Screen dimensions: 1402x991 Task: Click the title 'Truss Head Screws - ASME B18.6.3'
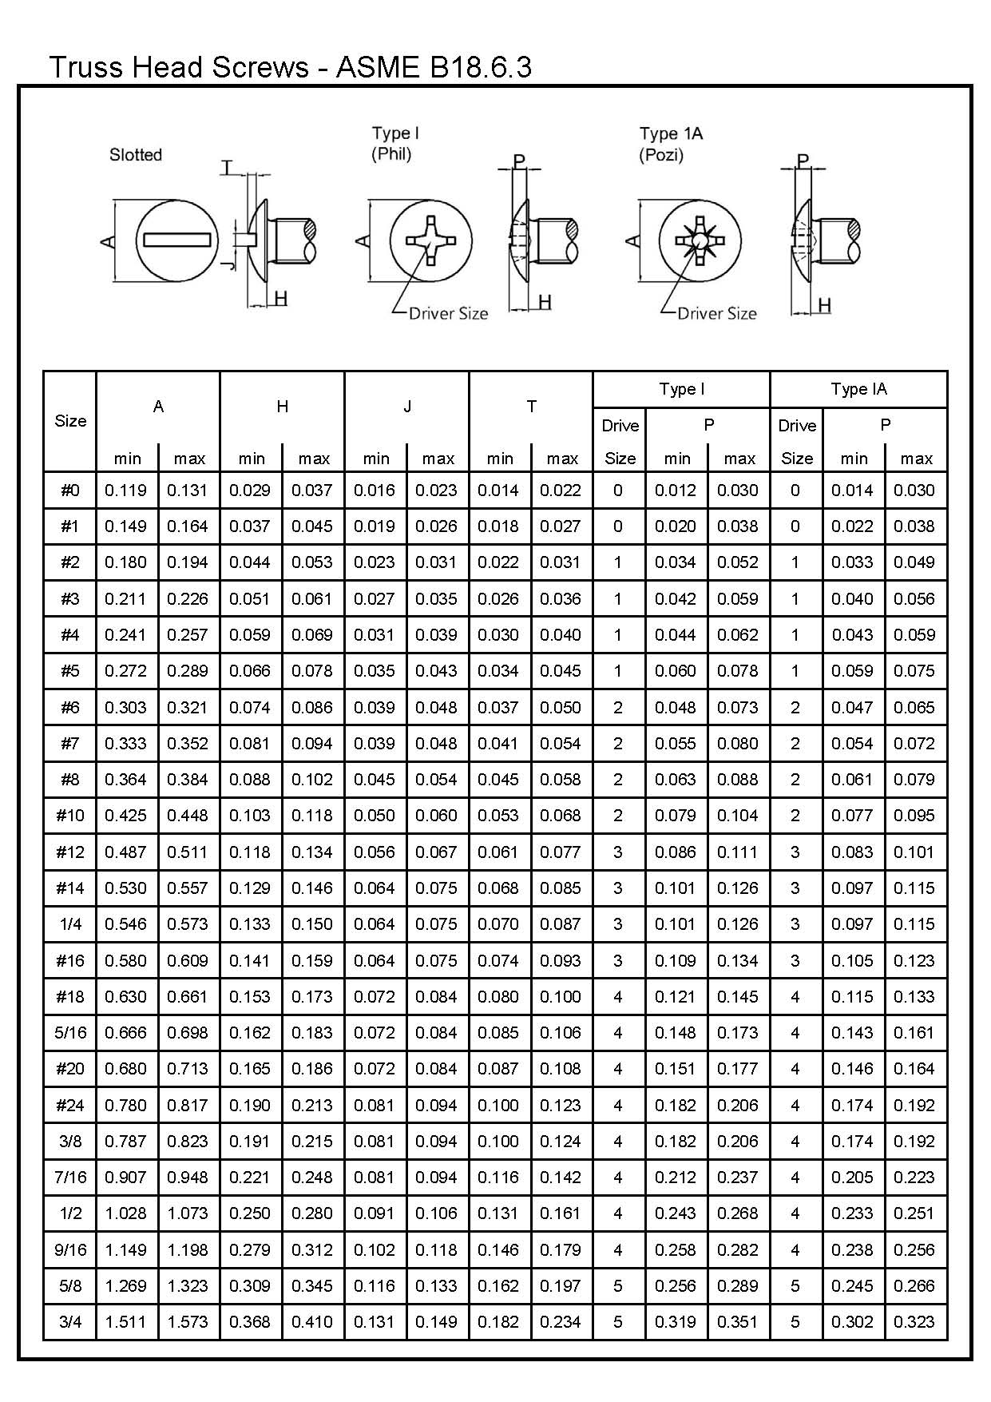coord(290,67)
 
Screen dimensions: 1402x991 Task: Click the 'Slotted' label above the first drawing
coord(136,155)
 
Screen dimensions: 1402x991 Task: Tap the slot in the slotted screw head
coord(176,240)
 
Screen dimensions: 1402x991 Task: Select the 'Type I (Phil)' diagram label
coord(394,144)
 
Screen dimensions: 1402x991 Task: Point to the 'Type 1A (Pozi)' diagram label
coord(671,144)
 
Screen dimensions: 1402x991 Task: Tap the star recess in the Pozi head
coord(700,240)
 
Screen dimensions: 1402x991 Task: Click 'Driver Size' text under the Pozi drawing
coord(716,314)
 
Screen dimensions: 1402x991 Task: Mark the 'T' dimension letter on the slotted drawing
coord(228,168)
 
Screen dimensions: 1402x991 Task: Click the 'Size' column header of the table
coord(70,421)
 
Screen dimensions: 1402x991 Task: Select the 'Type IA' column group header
coord(858,389)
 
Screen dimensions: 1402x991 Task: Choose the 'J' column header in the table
coord(406,407)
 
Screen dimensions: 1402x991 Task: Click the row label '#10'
coord(70,816)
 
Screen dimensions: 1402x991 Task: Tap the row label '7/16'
coord(70,1178)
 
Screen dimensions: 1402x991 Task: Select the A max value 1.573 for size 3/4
coord(188,1322)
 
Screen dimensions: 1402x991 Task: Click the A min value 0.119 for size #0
coord(126,491)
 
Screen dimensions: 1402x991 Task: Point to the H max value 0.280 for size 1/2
coord(312,1213)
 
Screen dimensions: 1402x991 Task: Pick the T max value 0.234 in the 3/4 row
coord(561,1322)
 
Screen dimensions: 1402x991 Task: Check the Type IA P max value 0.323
coord(915,1322)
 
